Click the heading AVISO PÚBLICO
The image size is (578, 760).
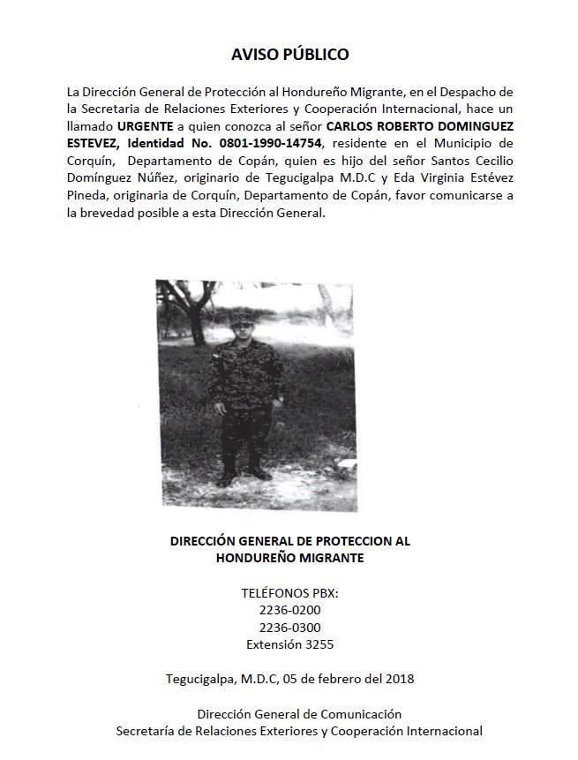tap(289, 55)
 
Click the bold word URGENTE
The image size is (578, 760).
tap(147, 125)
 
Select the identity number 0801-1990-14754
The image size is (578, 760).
tap(274, 142)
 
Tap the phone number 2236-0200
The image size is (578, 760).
tap(289, 610)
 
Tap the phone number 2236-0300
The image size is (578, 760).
tap(289, 628)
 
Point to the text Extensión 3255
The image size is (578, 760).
tap(289, 644)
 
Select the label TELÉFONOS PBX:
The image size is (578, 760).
tap(289, 593)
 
